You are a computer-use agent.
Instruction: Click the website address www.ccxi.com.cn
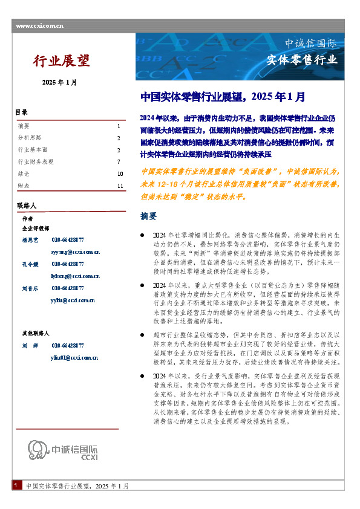tap(40, 26)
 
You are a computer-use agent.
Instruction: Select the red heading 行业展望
tap(61, 60)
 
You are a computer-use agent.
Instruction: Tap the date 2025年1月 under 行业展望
tap(59, 82)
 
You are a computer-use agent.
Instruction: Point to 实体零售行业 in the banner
tap(302, 59)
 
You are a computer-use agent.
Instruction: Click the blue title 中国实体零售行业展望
tap(222, 96)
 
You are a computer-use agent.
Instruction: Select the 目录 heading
tap(21, 113)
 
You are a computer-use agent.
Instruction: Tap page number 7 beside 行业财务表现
tap(119, 161)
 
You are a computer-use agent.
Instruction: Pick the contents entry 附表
tap(24, 185)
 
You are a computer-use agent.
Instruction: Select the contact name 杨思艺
tap(30, 240)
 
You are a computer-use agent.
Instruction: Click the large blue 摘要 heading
tap(148, 216)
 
